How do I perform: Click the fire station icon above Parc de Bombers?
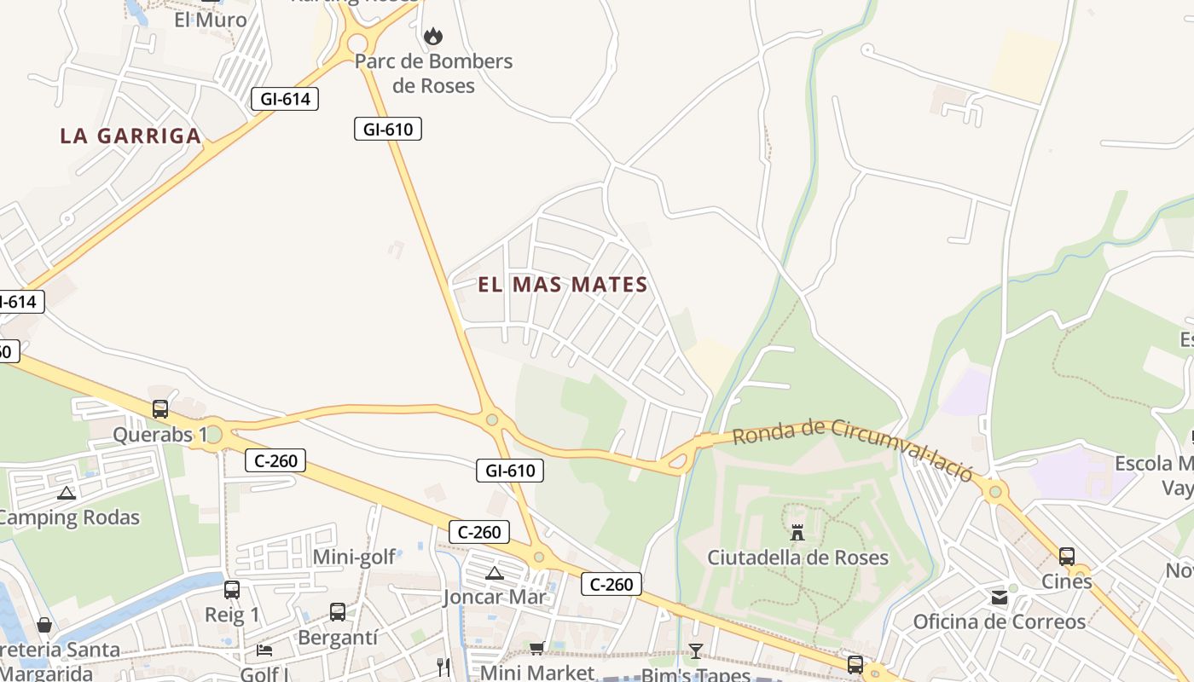click(433, 36)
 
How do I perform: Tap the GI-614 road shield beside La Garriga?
click(285, 99)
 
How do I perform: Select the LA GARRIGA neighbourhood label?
click(130, 136)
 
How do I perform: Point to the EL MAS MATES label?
click(563, 285)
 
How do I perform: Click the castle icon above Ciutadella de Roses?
click(797, 533)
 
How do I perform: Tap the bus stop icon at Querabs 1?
click(160, 408)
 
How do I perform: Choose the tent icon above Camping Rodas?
click(66, 493)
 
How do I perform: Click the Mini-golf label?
click(354, 558)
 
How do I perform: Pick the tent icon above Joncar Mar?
click(494, 573)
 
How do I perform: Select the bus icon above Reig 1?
click(231, 589)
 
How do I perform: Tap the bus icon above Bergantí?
click(338, 611)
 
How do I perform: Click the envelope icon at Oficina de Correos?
click(999, 598)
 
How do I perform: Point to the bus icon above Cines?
click(1066, 557)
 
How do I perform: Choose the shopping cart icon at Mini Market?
click(537, 649)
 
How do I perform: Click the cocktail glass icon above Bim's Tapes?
click(696, 651)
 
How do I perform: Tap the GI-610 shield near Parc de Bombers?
click(388, 130)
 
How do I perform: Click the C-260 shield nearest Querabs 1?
click(275, 461)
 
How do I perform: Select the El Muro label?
click(210, 20)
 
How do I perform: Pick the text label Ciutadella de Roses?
click(797, 558)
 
